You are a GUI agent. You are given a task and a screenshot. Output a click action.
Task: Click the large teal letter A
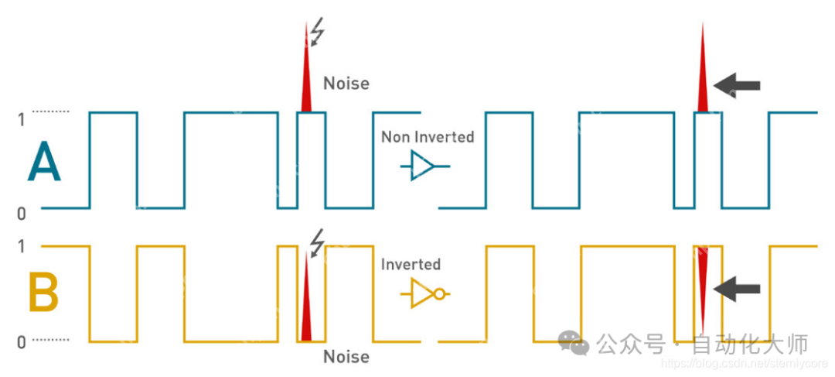pos(44,164)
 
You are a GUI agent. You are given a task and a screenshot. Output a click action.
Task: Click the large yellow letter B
pos(44,293)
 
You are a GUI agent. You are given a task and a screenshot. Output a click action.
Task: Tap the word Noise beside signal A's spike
pos(346,83)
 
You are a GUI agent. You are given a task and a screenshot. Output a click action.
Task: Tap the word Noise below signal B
pos(346,357)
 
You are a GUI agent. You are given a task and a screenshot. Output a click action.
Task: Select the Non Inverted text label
pos(428,137)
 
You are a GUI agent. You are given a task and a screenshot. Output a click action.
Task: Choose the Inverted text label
pos(411,264)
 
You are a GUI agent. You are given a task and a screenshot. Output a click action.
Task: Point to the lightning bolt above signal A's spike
pos(317,33)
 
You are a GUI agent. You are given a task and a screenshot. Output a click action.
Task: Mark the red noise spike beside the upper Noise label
pos(306,74)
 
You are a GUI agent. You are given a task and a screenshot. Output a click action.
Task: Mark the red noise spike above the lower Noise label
pos(306,306)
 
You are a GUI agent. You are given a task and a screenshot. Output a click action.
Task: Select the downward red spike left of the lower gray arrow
pos(702,283)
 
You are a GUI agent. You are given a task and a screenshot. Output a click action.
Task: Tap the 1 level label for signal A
pos(21,119)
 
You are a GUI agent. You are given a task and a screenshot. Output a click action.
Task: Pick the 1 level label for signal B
pos(21,246)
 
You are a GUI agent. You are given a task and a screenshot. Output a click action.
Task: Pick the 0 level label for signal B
pos(21,341)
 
